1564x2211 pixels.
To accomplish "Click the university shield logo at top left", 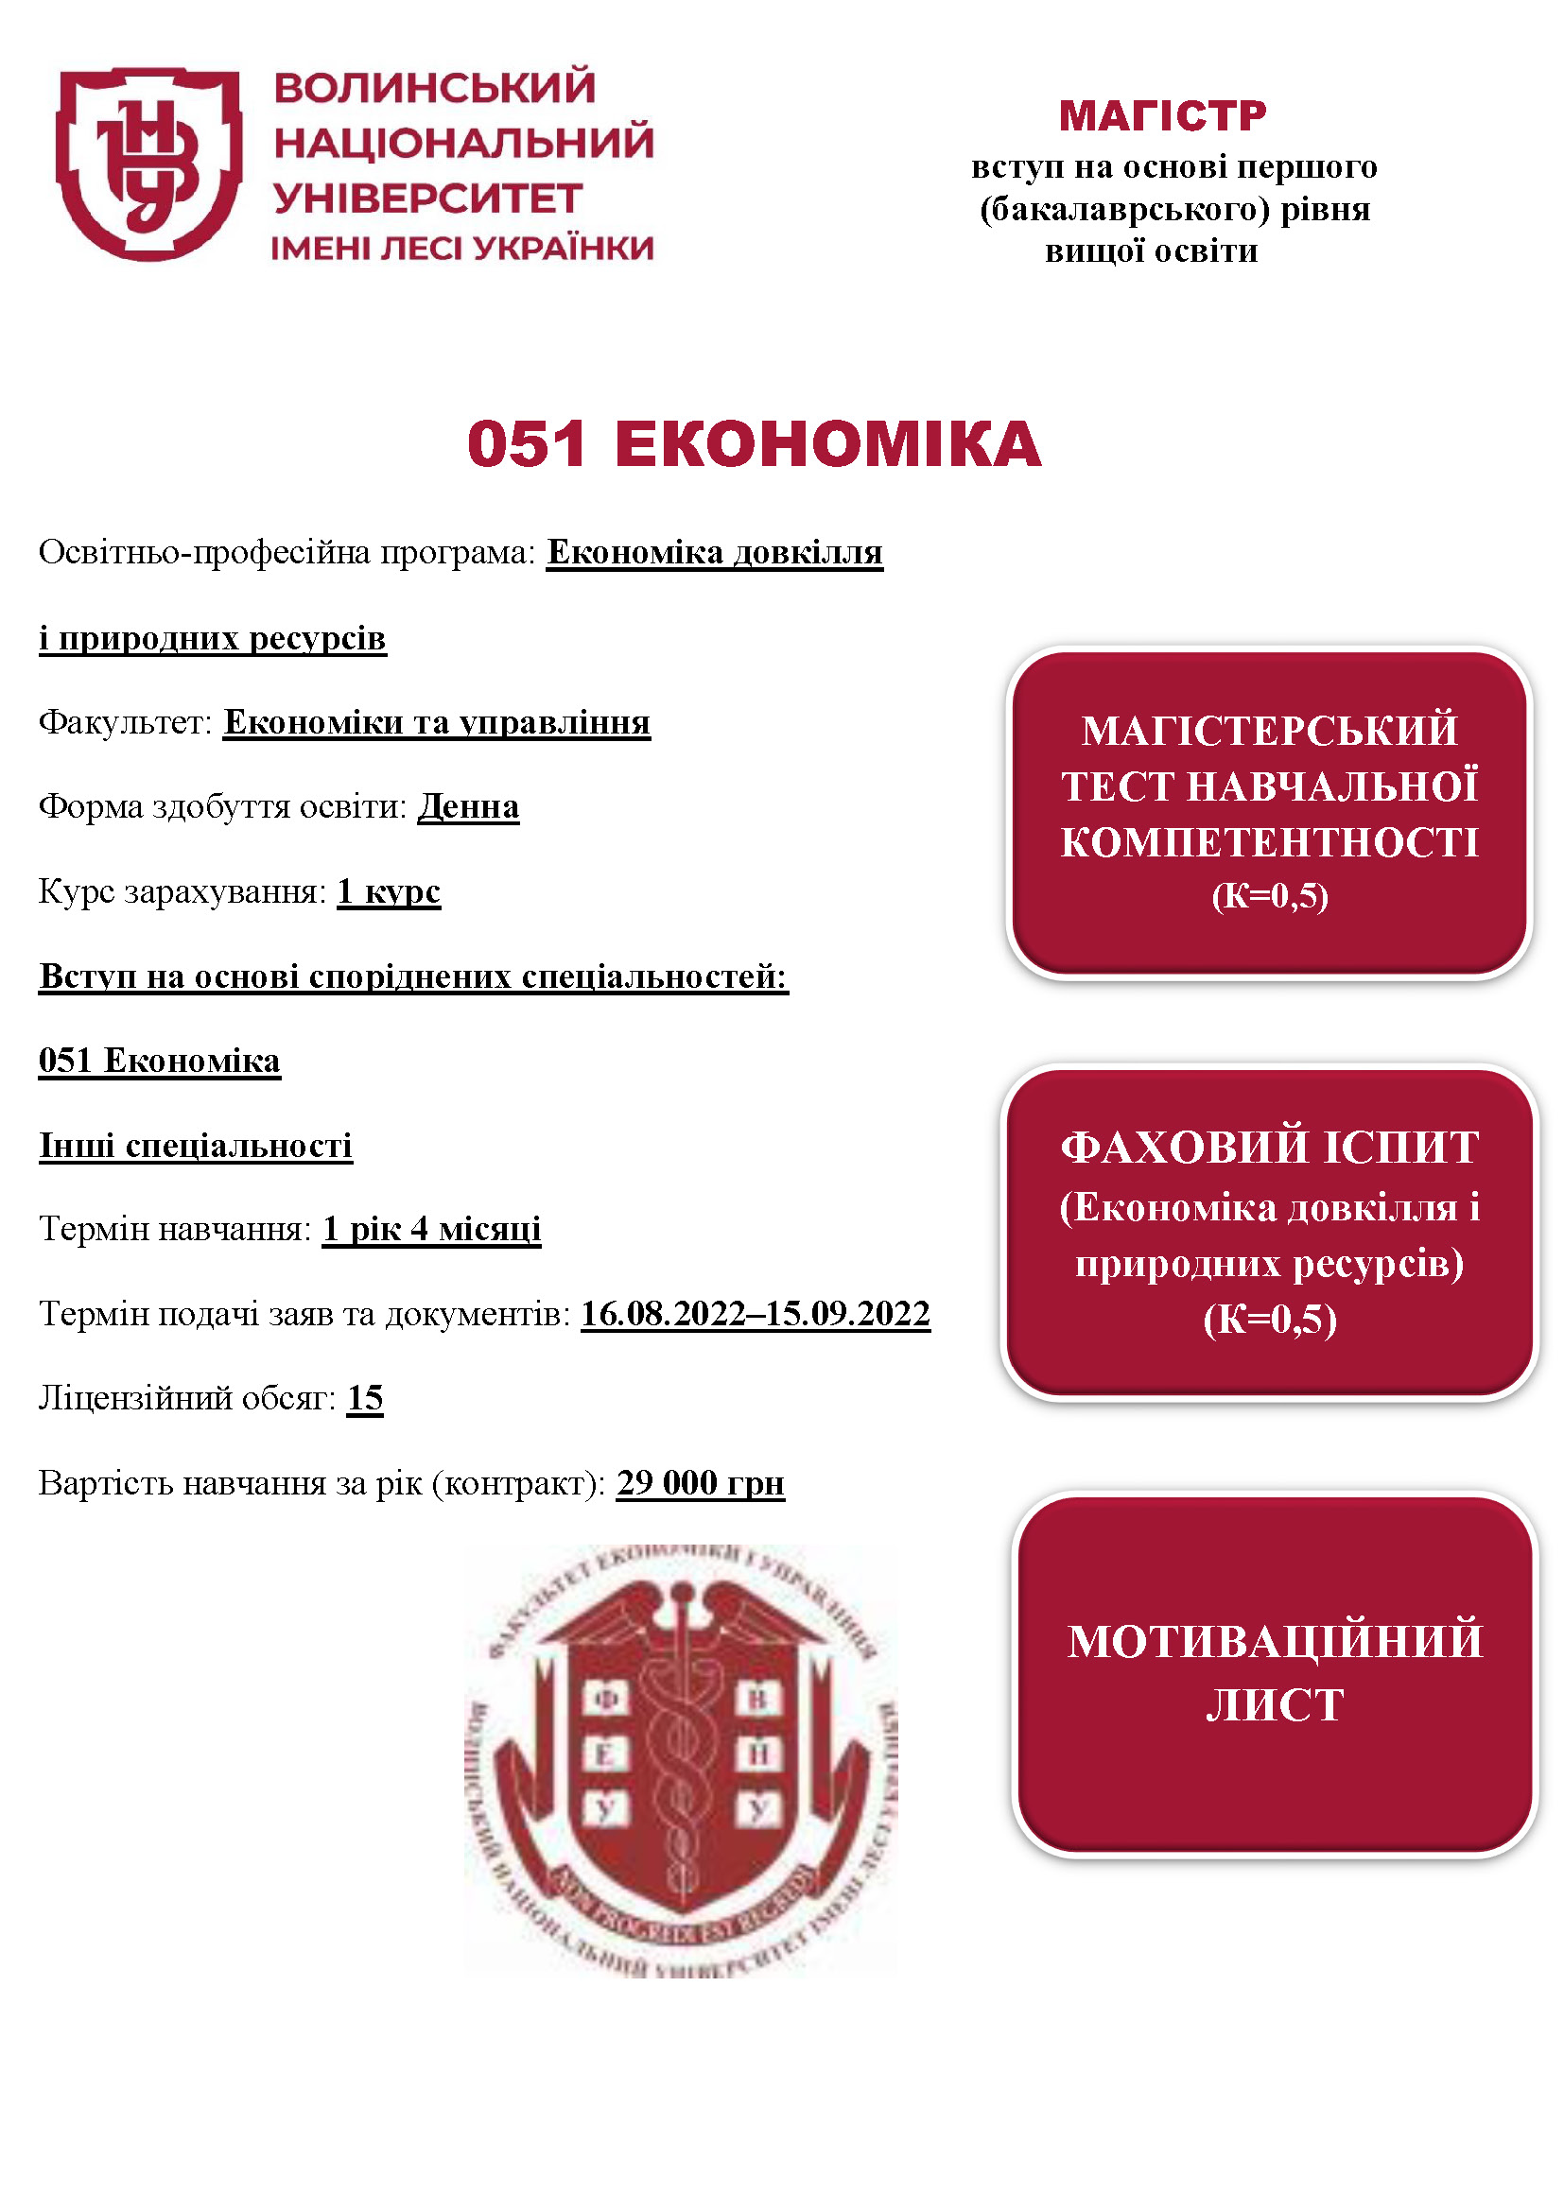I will pyautogui.click(x=149, y=164).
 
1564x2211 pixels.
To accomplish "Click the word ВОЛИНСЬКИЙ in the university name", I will pyautogui.click(x=434, y=89).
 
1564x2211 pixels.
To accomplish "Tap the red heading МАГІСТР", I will pyautogui.click(x=1162, y=116).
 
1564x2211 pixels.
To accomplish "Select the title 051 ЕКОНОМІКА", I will pyautogui.click(x=754, y=445).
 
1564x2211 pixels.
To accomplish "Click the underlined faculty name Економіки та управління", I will pyautogui.click(x=437, y=722).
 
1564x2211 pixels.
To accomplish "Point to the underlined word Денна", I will pyautogui.click(x=468, y=806).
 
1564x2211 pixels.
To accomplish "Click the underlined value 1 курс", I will pyautogui.click(x=388, y=891).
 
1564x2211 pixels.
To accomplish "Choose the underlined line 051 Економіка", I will pyautogui.click(x=160, y=1061).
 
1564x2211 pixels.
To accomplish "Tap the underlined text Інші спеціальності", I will pyautogui.click(x=196, y=1145).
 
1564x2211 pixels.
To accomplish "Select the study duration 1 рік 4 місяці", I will pyautogui.click(x=431, y=1229).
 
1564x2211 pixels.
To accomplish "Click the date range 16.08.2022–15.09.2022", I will pyautogui.click(x=755, y=1314).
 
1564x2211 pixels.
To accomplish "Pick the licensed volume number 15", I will pyautogui.click(x=365, y=1397).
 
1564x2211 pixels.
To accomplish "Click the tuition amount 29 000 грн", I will pyautogui.click(x=700, y=1483).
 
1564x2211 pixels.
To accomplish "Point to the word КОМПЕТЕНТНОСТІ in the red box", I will pyautogui.click(x=1269, y=842).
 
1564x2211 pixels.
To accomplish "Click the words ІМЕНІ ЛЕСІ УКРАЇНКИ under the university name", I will pyautogui.click(x=462, y=249).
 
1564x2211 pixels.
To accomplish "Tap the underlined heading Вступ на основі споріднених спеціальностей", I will pyautogui.click(x=413, y=976).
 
